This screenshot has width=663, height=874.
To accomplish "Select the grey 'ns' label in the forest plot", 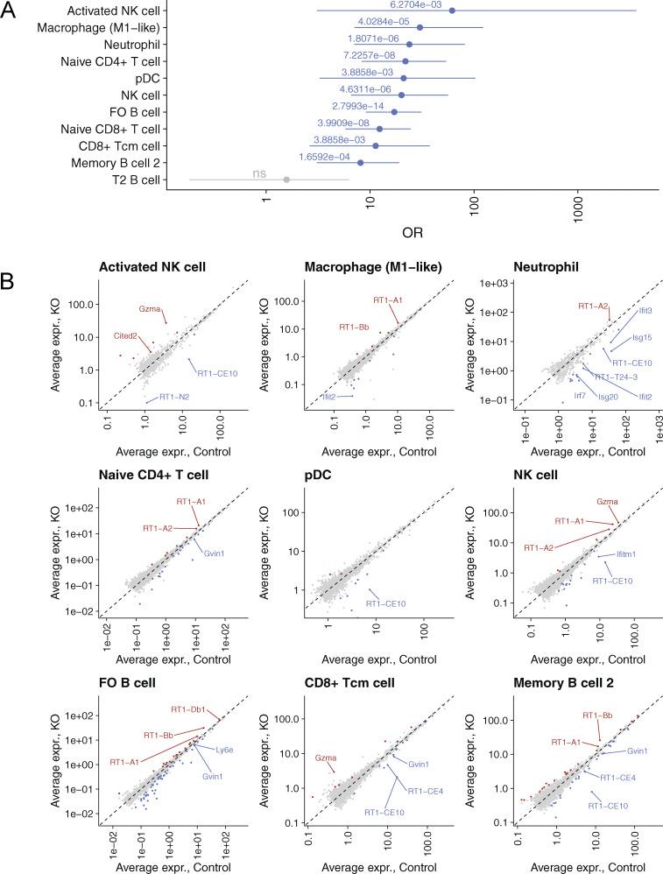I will pos(260,173).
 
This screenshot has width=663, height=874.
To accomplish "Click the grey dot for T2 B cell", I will pos(286,180).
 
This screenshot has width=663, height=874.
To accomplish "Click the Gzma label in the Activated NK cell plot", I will pos(151,308).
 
